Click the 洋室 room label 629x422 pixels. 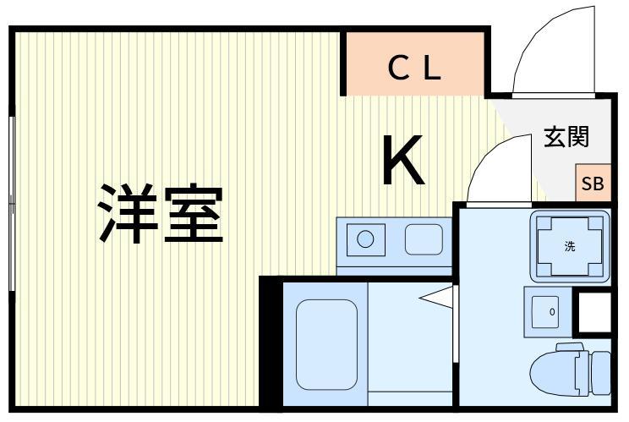(161, 213)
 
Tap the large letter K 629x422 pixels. (403, 159)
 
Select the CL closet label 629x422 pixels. (415, 68)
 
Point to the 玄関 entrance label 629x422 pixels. (566, 136)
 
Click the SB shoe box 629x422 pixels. (593, 183)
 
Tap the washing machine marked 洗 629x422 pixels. (570, 246)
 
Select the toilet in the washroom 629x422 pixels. (570, 370)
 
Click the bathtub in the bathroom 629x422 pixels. (326, 344)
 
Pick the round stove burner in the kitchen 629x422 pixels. (365, 239)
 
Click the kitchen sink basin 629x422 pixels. (424, 239)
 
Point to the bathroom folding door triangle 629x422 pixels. (435, 297)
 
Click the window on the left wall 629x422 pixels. (12, 203)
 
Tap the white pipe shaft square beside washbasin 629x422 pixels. (595, 312)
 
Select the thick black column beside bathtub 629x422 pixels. (271, 343)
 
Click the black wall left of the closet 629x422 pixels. (343, 62)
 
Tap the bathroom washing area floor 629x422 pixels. (410, 337)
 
